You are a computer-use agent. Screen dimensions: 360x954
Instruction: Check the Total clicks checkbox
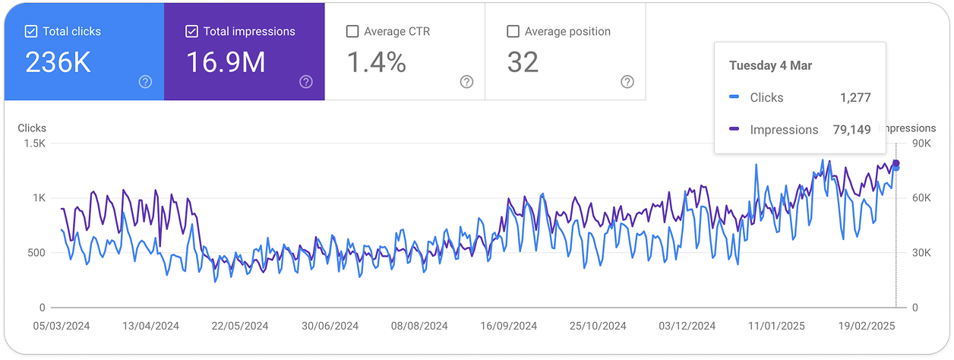pyautogui.click(x=31, y=32)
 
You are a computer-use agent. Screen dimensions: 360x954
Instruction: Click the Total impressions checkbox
pyautogui.click(x=191, y=32)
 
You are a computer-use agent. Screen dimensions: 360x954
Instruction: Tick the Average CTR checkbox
pyautogui.click(x=352, y=32)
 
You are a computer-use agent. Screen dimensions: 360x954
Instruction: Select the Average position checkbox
pyautogui.click(x=513, y=32)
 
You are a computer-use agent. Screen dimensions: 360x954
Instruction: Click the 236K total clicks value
pyautogui.click(x=58, y=63)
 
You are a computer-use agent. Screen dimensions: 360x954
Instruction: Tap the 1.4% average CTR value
pyautogui.click(x=376, y=63)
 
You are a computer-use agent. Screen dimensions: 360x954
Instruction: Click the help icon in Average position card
pyautogui.click(x=627, y=82)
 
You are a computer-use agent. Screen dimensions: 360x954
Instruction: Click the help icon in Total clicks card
pyautogui.click(x=145, y=82)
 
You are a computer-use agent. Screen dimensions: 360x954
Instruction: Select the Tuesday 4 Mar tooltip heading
pyautogui.click(x=770, y=65)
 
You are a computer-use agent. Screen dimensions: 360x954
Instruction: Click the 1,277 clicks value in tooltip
pyautogui.click(x=855, y=97)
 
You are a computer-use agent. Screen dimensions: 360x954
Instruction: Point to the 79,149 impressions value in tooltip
pyautogui.click(x=851, y=130)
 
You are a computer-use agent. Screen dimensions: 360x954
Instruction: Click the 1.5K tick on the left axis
pyautogui.click(x=36, y=144)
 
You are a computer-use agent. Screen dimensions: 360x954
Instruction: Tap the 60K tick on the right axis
pyautogui.click(x=921, y=198)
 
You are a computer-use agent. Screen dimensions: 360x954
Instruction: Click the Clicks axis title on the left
pyautogui.click(x=32, y=128)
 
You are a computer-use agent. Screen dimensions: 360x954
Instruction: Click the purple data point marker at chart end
pyautogui.click(x=896, y=163)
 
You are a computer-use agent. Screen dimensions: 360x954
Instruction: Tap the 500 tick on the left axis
pyautogui.click(x=37, y=253)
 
